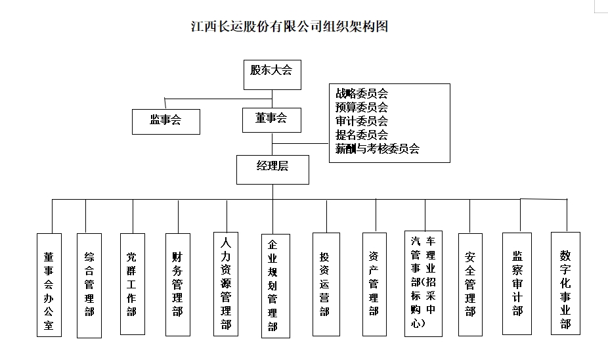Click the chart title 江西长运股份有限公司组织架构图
point(289,27)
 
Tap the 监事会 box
point(165,120)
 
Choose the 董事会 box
point(271,119)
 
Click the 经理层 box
point(272,168)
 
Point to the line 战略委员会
point(361,94)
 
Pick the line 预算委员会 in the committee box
point(361,107)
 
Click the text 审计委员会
point(361,121)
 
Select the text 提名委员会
point(361,135)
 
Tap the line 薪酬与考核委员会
point(377,148)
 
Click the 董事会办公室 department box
point(49,285)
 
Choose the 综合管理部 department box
point(89,285)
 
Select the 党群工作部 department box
point(132,284)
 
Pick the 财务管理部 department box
point(177,284)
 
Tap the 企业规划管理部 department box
point(272,286)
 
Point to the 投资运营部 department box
point(326,284)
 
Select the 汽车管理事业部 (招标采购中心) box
point(423,283)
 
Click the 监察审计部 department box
point(516,282)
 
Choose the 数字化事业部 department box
point(565,282)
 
